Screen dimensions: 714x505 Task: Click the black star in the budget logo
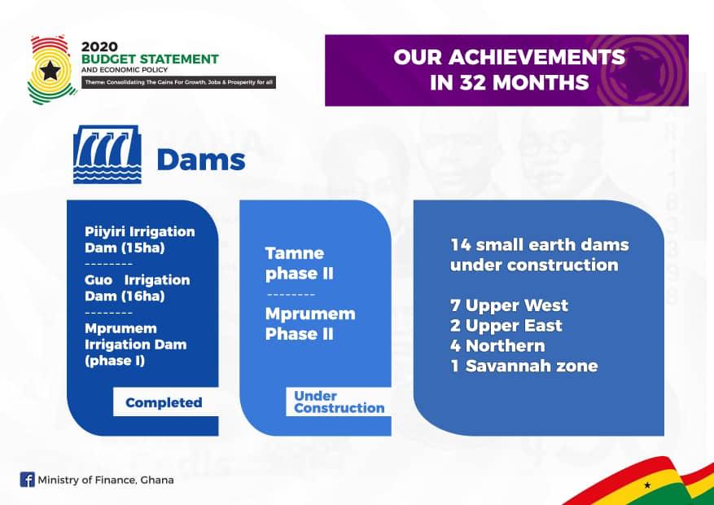(x=50, y=70)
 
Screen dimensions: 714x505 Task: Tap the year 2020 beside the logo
(x=99, y=47)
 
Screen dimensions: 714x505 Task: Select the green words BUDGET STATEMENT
(x=151, y=59)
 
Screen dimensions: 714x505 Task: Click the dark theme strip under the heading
(x=178, y=82)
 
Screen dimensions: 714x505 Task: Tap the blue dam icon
(x=107, y=155)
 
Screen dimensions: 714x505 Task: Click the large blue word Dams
(x=201, y=160)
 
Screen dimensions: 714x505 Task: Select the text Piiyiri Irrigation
(x=140, y=232)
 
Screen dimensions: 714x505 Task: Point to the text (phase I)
(x=115, y=361)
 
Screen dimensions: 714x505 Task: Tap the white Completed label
(x=164, y=402)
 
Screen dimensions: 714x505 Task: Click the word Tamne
(x=295, y=253)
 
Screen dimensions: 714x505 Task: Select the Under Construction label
(x=339, y=402)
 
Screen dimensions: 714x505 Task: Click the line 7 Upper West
(x=509, y=305)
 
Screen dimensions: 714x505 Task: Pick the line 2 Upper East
(x=506, y=326)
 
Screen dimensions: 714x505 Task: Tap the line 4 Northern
(x=497, y=345)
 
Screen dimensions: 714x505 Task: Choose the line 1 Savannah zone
(x=524, y=366)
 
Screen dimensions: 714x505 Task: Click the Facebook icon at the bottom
(x=28, y=480)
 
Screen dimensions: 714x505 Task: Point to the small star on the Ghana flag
(x=647, y=485)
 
